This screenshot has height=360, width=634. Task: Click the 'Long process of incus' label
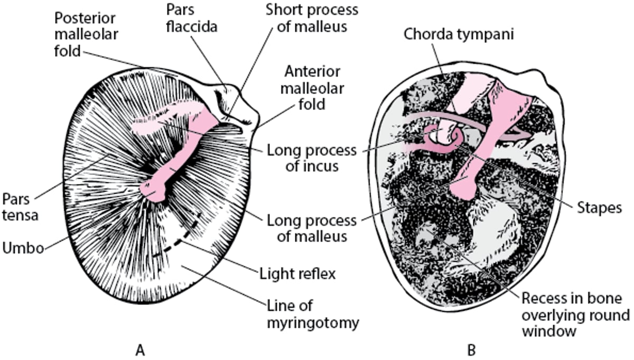[x=312, y=159]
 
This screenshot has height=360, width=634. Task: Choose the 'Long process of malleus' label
[x=312, y=227]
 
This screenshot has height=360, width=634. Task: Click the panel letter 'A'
[x=140, y=349]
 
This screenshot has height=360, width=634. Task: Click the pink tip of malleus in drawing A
[x=153, y=191]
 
